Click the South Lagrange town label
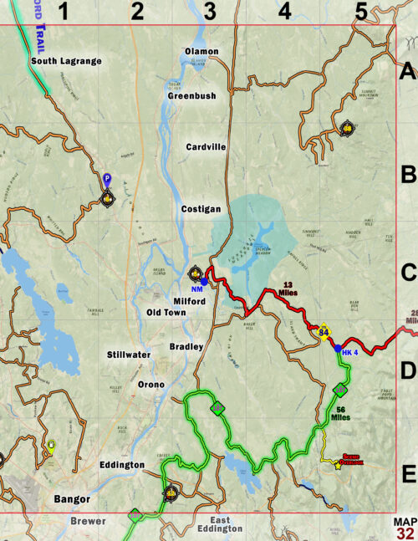click(x=66, y=61)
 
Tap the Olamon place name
click(x=201, y=52)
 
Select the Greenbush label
click(x=191, y=96)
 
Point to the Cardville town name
click(x=206, y=146)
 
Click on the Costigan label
click(x=201, y=208)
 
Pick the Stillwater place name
click(x=130, y=355)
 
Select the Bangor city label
click(x=72, y=499)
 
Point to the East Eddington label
click(x=220, y=524)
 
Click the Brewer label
click(x=88, y=521)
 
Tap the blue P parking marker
click(x=106, y=178)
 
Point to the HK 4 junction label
click(x=349, y=352)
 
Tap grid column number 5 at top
click(x=360, y=11)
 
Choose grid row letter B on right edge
click(x=407, y=176)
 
